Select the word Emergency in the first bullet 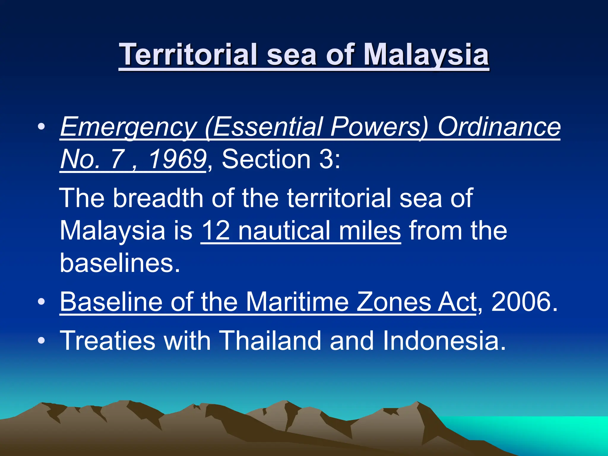pyautogui.click(x=129, y=127)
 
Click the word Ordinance pyautogui.click(x=499, y=127)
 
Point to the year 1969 pyautogui.click(x=178, y=159)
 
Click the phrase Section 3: pyautogui.click(x=281, y=159)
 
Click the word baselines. pyautogui.click(x=120, y=263)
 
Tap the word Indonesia pyautogui.click(x=444, y=341)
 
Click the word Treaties pyautogui.click(x=107, y=341)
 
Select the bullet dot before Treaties pyautogui.click(x=42, y=341)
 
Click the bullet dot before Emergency pyautogui.click(x=42, y=127)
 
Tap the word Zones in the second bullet pyautogui.click(x=393, y=302)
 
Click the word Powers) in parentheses pyautogui.click(x=379, y=127)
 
